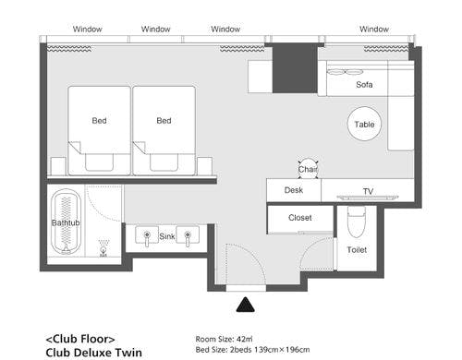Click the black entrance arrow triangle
click(246, 306)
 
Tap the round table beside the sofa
click(364, 124)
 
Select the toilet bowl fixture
click(357, 222)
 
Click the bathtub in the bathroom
click(66, 222)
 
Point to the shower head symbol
click(103, 248)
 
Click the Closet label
click(300, 218)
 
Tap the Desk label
click(294, 190)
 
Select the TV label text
click(368, 191)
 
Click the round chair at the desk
click(308, 169)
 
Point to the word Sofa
click(364, 85)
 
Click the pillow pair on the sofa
click(345, 72)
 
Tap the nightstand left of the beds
click(58, 166)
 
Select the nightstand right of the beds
click(204, 166)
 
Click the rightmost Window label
click(374, 30)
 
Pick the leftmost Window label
click(88, 30)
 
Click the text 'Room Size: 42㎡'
click(224, 339)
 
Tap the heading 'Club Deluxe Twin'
click(94, 353)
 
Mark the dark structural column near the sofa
click(295, 68)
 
